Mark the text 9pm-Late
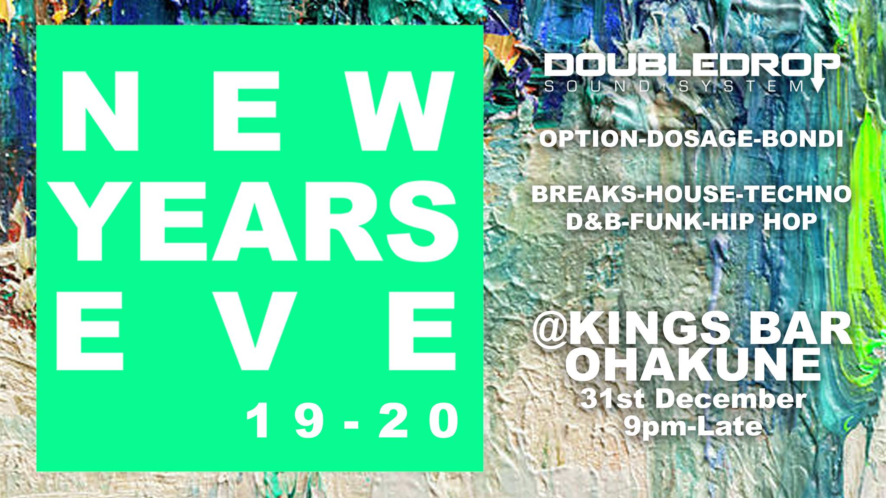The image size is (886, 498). (x=693, y=427)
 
